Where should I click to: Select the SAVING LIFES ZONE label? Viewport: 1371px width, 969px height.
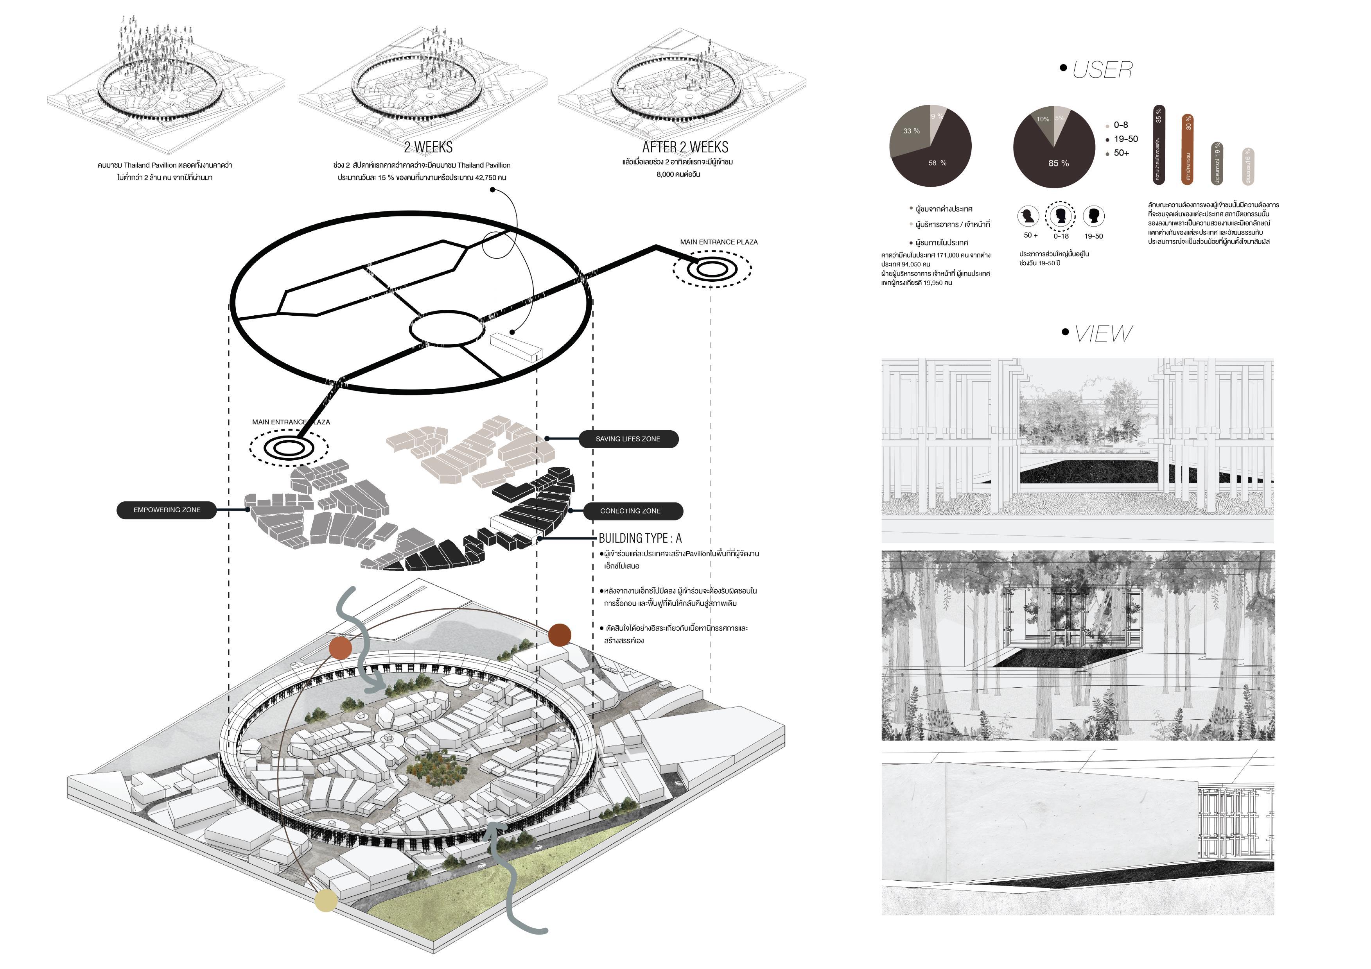pos(628,439)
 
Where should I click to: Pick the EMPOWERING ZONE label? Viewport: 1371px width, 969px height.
pos(167,510)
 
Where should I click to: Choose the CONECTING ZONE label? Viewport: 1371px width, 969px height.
pos(631,511)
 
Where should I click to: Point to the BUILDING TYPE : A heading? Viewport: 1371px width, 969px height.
pos(640,538)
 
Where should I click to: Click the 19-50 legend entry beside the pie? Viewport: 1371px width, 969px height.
pos(1125,139)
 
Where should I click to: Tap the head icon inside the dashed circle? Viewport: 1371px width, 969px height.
pos(1061,215)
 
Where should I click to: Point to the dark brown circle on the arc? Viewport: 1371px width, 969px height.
pos(560,635)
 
